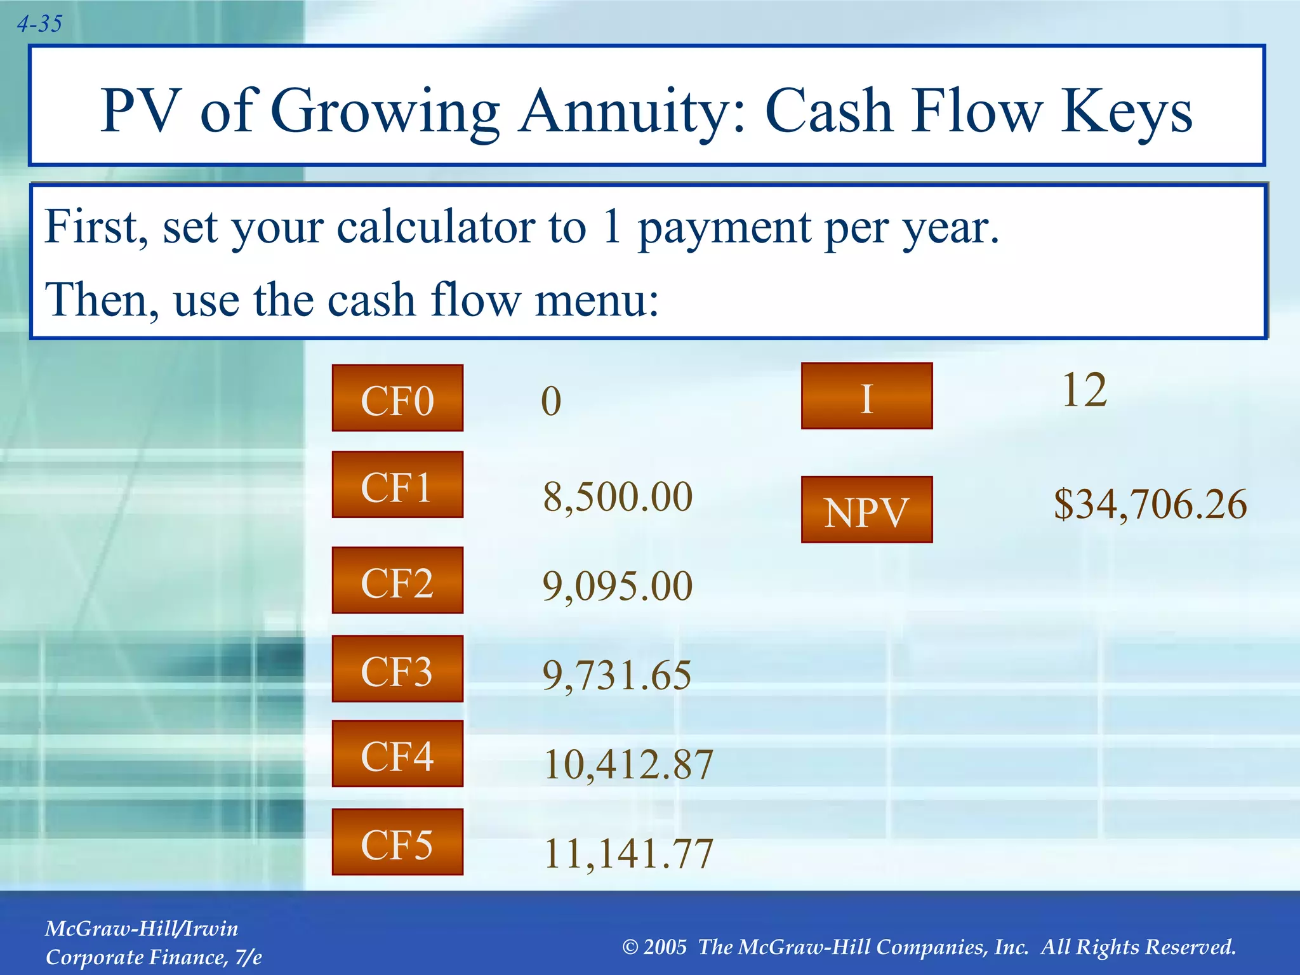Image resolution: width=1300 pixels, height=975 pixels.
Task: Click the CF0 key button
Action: click(x=397, y=399)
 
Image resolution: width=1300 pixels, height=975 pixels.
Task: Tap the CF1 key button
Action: click(x=397, y=485)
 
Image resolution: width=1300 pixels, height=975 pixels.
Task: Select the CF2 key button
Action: click(x=397, y=580)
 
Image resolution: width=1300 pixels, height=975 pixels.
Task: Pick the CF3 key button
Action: click(x=397, y=669)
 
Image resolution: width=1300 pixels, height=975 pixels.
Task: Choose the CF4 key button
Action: click(x=397, y=754)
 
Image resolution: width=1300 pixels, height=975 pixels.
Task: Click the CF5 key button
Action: click(x=397, y=842)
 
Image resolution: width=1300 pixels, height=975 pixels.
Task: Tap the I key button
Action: click(x=866, y=397)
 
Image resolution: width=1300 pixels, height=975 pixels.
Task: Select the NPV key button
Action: click(x=866, y=510)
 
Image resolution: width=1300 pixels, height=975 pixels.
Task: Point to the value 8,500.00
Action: click(x=618, y=496)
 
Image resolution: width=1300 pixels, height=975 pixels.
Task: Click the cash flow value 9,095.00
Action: click(x=618, y=585)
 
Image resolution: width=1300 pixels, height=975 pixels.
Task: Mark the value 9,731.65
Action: click(x=617, y=675)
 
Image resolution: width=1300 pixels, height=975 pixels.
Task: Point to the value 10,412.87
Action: click(x=628, y=764)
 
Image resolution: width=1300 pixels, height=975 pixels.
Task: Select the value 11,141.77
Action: click(x=628, y=852)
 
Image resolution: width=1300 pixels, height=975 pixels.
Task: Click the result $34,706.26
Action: click(x=1150, y=505)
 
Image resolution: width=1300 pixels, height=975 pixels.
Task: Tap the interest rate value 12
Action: click(x=1084, y=390)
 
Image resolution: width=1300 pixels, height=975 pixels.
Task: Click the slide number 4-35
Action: click(x=39, y=24)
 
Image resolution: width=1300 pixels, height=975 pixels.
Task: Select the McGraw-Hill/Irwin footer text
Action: click(x=142, y=929)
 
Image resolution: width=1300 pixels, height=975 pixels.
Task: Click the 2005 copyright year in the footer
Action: click(x=665, y=947)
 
